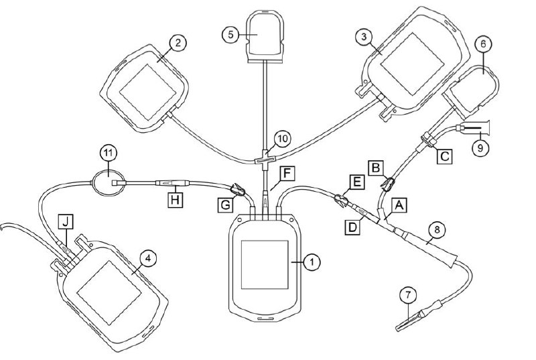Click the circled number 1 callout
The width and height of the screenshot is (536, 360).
[x=312, y=262]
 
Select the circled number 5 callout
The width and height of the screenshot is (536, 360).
[x=230, y=35]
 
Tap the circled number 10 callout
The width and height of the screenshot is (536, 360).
[x=283, y=139]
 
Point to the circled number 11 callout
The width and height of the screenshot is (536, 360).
[x=108, y=154]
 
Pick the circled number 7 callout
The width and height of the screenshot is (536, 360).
[x=409, y=296]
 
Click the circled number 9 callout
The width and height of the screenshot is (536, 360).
[x=480, y=148]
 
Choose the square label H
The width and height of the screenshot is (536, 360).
[x=175, y=200]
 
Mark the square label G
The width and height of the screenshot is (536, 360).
[x=226, y=205]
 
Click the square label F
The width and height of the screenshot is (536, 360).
[x=287, y=174]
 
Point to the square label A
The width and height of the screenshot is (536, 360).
[x=399, y=205]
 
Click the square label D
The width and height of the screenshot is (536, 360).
[x=352, y=228]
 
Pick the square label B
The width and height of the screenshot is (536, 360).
[x=376, y=168]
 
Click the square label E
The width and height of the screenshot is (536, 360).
[x=356, y=182]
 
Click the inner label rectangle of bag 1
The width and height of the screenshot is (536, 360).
[x=265, y=265]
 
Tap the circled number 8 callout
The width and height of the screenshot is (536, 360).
[x=437, y=230]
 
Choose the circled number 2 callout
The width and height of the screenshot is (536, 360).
[x=178, y=44]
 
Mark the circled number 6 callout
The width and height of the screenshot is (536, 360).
[x=483, y=44]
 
